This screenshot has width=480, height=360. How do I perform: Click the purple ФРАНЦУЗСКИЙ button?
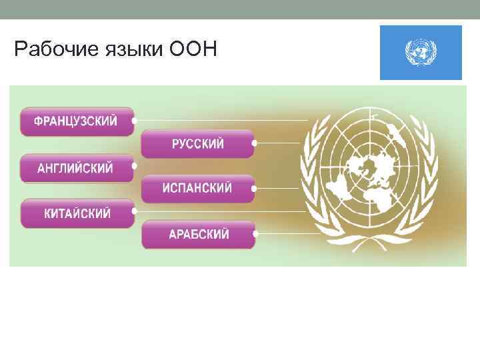tap(77, 121)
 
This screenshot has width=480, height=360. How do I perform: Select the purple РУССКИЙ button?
tap(197, 143)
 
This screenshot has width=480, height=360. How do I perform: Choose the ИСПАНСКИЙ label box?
tap(197, 189)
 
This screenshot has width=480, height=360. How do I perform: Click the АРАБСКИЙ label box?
tap(197, 235)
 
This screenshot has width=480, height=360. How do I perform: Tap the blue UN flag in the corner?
tap(421, 53)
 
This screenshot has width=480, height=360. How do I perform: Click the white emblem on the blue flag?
tap(421, 53)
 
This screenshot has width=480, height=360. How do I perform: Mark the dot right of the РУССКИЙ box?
tap(255, 143)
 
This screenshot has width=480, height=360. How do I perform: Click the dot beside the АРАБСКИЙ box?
tap(255, 234)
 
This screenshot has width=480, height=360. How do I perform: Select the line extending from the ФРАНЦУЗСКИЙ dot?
tap(220, 121)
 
